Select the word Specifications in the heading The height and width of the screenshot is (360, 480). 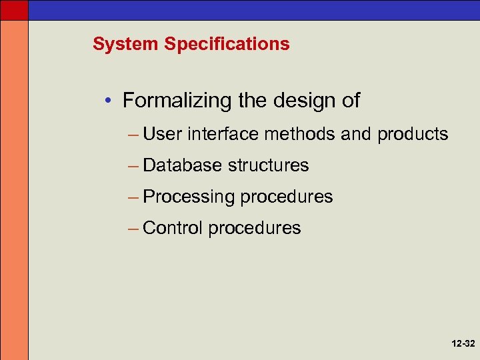coord(227,45)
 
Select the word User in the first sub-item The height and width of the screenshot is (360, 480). coord(163,135)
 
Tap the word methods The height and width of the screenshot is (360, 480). coord(299,135)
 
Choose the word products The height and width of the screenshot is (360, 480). coord(413,135)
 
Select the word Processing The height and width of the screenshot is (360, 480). coord(189,197)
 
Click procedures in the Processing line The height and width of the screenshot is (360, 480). coord(286,197)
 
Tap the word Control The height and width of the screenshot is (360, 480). coord(172,228)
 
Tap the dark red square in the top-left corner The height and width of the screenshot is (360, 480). coord(14,9)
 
